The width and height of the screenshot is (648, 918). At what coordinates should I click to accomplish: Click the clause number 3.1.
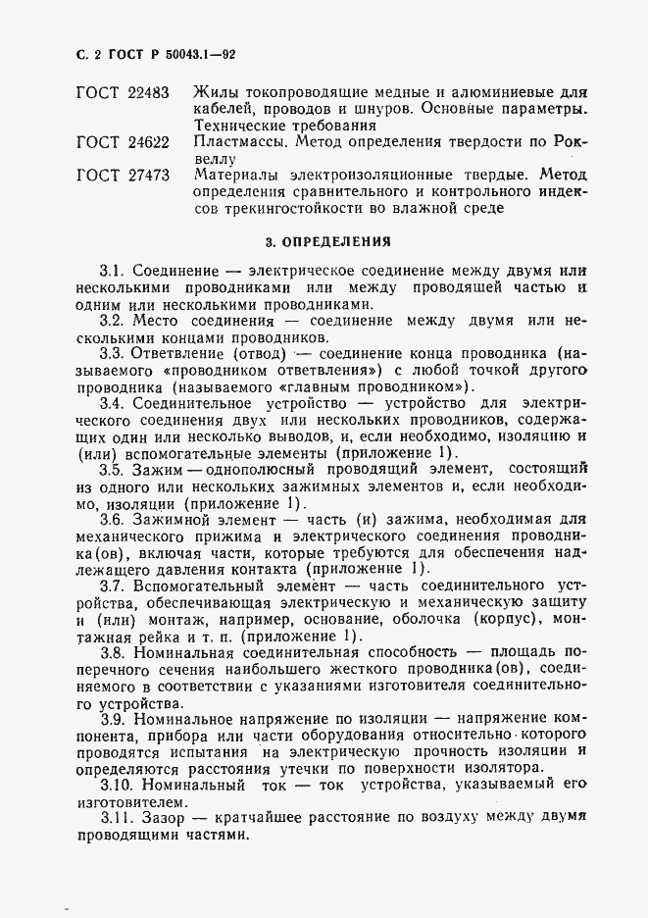tap(113, 270)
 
